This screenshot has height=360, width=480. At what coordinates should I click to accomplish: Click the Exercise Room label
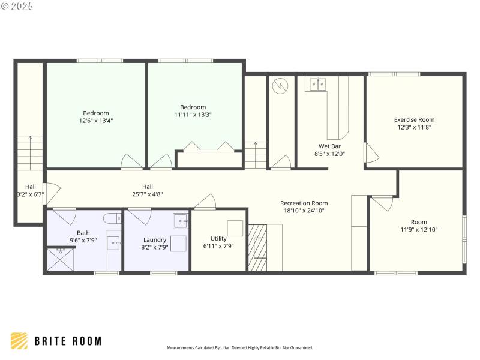click(x=414, y=119)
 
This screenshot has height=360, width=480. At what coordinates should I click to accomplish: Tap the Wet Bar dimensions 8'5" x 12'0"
click(x=329, y=154)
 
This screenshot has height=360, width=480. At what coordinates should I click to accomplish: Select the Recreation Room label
click(x=304, y=203)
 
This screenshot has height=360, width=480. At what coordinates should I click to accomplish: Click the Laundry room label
click(x=154, y=239)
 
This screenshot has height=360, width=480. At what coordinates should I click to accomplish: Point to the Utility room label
click(x=218, y=238)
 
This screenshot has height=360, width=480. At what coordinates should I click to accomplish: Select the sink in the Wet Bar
click(x=317, y=85)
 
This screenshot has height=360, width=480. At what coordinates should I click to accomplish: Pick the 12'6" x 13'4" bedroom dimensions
click(x=96, y=121)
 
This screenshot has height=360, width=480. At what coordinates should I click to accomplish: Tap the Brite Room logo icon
click(x=19, y=341)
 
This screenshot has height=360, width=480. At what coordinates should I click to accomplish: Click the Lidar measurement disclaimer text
click(x=239, y=347)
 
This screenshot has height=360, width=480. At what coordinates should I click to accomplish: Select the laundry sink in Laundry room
click(x=181, y=221)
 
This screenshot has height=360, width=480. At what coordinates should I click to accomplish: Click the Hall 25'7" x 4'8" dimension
click(x=148, y=194)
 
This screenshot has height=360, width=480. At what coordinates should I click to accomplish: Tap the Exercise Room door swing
click(x=371, y=154)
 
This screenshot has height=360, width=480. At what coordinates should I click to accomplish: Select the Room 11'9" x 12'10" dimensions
click(x=419, y=229)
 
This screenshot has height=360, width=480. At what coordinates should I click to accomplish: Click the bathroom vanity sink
click(x=113, y=242)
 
